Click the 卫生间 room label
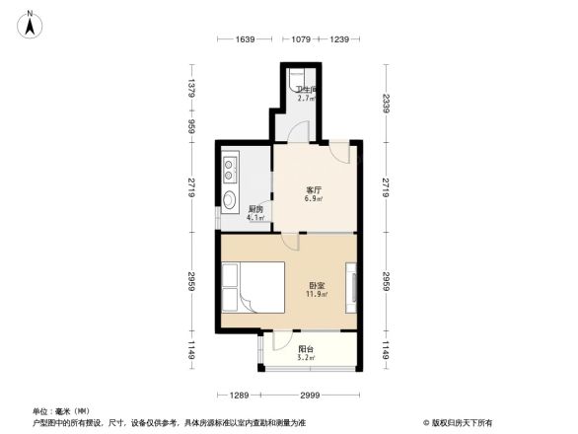(306, 90)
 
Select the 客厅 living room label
(315, 189)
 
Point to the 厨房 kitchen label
(255, 209)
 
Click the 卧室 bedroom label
(317, 286)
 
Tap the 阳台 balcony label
(307, 349)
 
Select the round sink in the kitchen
(229, 201)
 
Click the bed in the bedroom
(253, 288)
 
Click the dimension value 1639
(245, 39)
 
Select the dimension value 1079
(302, 39)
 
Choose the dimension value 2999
(309, 395)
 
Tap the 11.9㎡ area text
(317, 295)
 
